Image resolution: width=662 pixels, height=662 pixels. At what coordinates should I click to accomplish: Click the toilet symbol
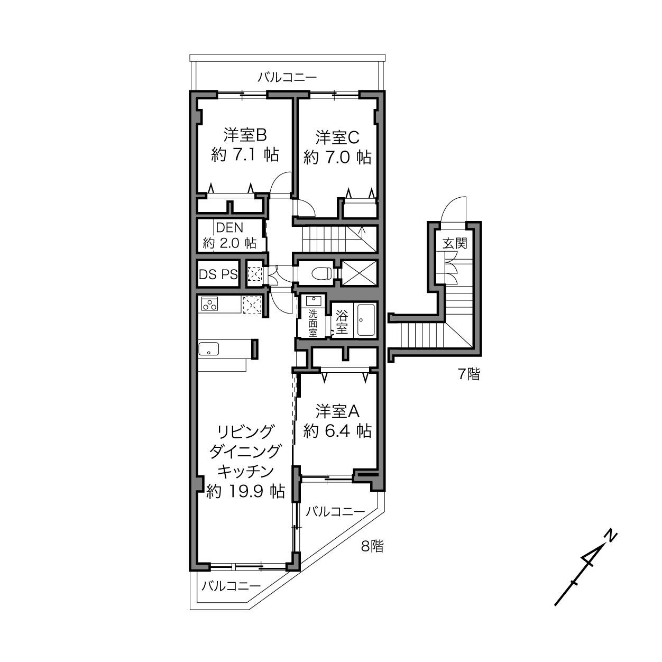point(322,273)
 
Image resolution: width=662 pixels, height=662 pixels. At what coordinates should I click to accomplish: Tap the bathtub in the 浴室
point(366,320)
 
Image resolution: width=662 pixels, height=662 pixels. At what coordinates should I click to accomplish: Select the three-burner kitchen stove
point(209,304)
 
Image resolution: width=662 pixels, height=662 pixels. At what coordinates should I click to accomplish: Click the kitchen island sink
point(208,349)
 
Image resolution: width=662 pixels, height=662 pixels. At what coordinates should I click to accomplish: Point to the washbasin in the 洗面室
point(314,300)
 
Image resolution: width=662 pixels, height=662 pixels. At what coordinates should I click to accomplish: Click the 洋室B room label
point(245,135)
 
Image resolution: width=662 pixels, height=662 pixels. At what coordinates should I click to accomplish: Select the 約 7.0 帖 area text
point(338,158)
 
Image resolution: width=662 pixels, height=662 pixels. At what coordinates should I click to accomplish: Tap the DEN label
point(229,227)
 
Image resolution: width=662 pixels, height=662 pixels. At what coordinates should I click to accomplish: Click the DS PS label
point(218,274)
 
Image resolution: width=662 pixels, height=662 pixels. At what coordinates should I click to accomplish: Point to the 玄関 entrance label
point(455,243)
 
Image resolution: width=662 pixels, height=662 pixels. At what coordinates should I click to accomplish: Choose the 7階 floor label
point(469,374)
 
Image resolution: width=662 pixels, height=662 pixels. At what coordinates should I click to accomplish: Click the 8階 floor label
point(372,546)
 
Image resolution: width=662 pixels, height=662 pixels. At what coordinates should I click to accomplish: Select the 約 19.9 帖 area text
point(245,491)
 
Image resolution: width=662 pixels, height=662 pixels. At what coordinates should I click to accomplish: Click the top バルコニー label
point(287,77)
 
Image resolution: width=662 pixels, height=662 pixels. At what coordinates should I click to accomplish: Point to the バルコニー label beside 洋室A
point(335,512)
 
